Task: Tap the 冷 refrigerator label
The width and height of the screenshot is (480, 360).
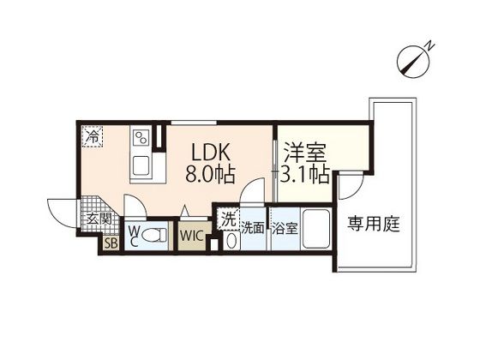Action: click(x=91, y=135)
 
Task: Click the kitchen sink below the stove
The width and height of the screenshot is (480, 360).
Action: click(x=141, y=165)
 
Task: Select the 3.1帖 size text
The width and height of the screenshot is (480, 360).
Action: click(x=305, y=175)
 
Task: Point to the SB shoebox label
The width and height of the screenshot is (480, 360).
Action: click(x=111, y=243)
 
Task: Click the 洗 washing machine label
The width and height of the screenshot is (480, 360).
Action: click(x=227, y=218)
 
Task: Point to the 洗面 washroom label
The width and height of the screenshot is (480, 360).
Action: click(x=252, y=228)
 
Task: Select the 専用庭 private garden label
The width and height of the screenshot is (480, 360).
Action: click(x=373, y=225)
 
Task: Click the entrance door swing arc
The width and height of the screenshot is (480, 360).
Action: click(x=62, y=210)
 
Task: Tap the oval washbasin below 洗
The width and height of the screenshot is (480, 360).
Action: click(x=227, y=240)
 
